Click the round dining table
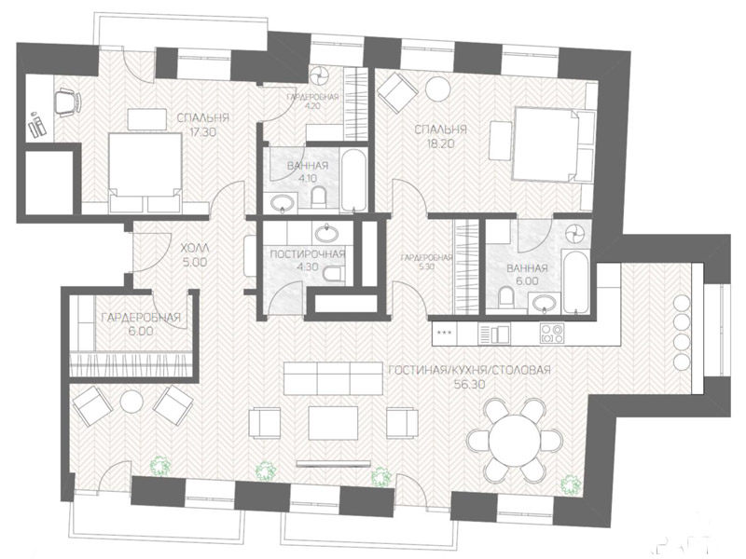pyautogui.click(x=515, y=440)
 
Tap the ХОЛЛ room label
pyautogui.click(x=195, y=248)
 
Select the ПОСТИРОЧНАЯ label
pyautogui.click(x=308, y=253)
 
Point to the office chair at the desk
pyautogui.click(x=67, y=102)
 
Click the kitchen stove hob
pyautogui.click(x=552, y=333)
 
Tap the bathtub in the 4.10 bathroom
pyautogui.click(x=354, y=181)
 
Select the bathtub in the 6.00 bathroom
pyautogui.click(x=576, y=282)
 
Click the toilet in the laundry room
pyautogui.click(x=333, y=274)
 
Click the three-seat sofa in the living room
pyautogui.click(x=333, y=378)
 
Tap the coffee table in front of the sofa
pyautogui.click(x=334, y=422)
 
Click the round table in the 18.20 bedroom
pyautogui.click(x=437, y=89)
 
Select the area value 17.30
pyautogui.click(x=201, y=131)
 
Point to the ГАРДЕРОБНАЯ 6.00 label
pyautogui.click(x=142, y=323)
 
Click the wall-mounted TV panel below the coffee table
pyautogui.click(x=334, y=462)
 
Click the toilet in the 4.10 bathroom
pyautogui.click(x=319, y=198)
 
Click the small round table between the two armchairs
pyautogui.click(x=131, y=402)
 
